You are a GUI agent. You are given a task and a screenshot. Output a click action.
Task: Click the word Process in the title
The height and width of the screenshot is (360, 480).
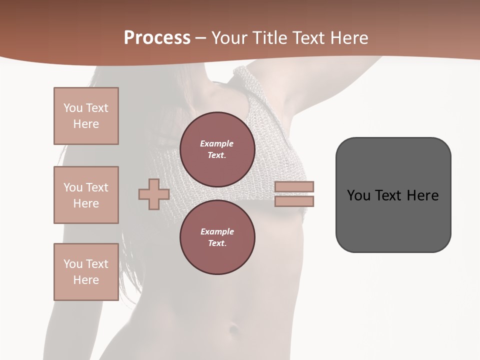(x=157, y=38)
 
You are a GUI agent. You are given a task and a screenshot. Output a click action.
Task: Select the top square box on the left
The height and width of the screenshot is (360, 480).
(x=86, y=116)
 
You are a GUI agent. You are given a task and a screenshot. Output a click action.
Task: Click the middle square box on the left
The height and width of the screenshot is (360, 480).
(x=86, y=195)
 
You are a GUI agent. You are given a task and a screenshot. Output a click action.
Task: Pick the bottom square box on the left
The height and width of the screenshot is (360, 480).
(x=86, y=272)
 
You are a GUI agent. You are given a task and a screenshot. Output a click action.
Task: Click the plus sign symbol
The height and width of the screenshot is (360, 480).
(x=153, y=194)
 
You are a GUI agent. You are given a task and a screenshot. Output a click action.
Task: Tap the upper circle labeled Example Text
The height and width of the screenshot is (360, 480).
(x=217, y=149)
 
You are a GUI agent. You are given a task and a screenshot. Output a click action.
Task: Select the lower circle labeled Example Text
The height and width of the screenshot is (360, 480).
(x=217, y=237)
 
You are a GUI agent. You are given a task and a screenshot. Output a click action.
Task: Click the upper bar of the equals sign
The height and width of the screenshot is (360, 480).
(x=294, y=186)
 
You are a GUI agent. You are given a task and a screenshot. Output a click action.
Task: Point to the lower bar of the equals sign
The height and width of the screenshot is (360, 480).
(x=294, y=201)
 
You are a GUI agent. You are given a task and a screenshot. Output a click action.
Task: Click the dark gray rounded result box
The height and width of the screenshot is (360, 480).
(x=393, y=220)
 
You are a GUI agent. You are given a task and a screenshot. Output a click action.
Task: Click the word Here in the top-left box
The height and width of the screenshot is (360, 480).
(x=86, y=124)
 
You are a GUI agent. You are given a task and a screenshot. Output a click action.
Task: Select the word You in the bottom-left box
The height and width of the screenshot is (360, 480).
(x=73, y=264)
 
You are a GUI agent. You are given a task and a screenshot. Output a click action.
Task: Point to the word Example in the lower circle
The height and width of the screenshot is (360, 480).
(x=217, y=231)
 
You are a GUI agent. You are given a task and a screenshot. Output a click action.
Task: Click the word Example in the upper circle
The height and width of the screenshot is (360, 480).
(x=217, y=143)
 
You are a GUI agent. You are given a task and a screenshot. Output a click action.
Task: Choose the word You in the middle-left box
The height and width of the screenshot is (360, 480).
(x=73, y=187)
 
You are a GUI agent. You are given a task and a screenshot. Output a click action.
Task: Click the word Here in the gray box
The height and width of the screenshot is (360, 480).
(x=422, y=195)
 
